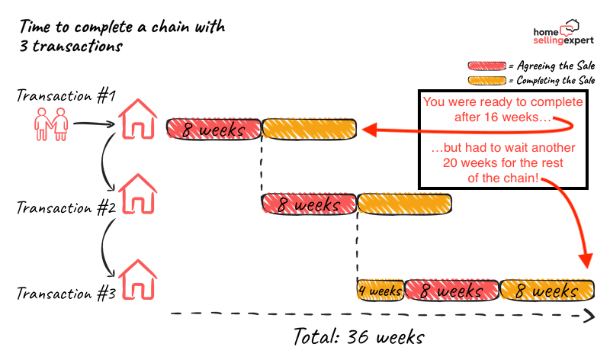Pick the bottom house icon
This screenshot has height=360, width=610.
tap(138, 280)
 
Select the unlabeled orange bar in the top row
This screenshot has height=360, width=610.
tap(309, 130)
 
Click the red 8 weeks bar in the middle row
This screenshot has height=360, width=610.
tap(309, 204)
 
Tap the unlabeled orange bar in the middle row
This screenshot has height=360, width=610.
tap(404, 204)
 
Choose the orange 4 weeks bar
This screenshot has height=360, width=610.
tap(380, 291)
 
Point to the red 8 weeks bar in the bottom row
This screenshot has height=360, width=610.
tap(451, 291)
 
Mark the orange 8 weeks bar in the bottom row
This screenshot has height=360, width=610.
tap(546, 291)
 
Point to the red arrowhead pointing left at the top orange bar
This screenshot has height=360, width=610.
tap(368, 130)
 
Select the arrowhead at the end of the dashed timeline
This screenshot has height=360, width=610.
tap(589, 315)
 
